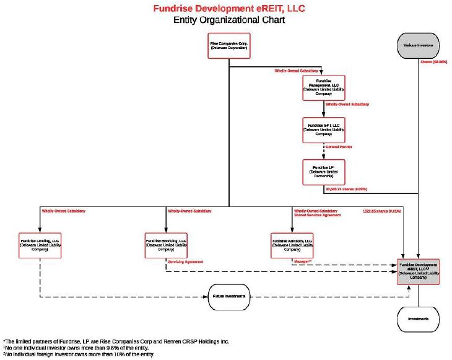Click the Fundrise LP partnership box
[323, 172]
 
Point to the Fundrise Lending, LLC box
[40, 243]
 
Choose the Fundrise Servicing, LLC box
[165, 243]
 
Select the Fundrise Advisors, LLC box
[292, 243]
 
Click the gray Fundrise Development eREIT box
[418, 271]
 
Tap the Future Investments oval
[228, 297]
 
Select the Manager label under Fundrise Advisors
[301, 262]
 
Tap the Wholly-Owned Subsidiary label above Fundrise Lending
[64, 211]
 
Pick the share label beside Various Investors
[432, 62]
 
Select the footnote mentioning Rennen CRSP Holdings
[108, 341]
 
